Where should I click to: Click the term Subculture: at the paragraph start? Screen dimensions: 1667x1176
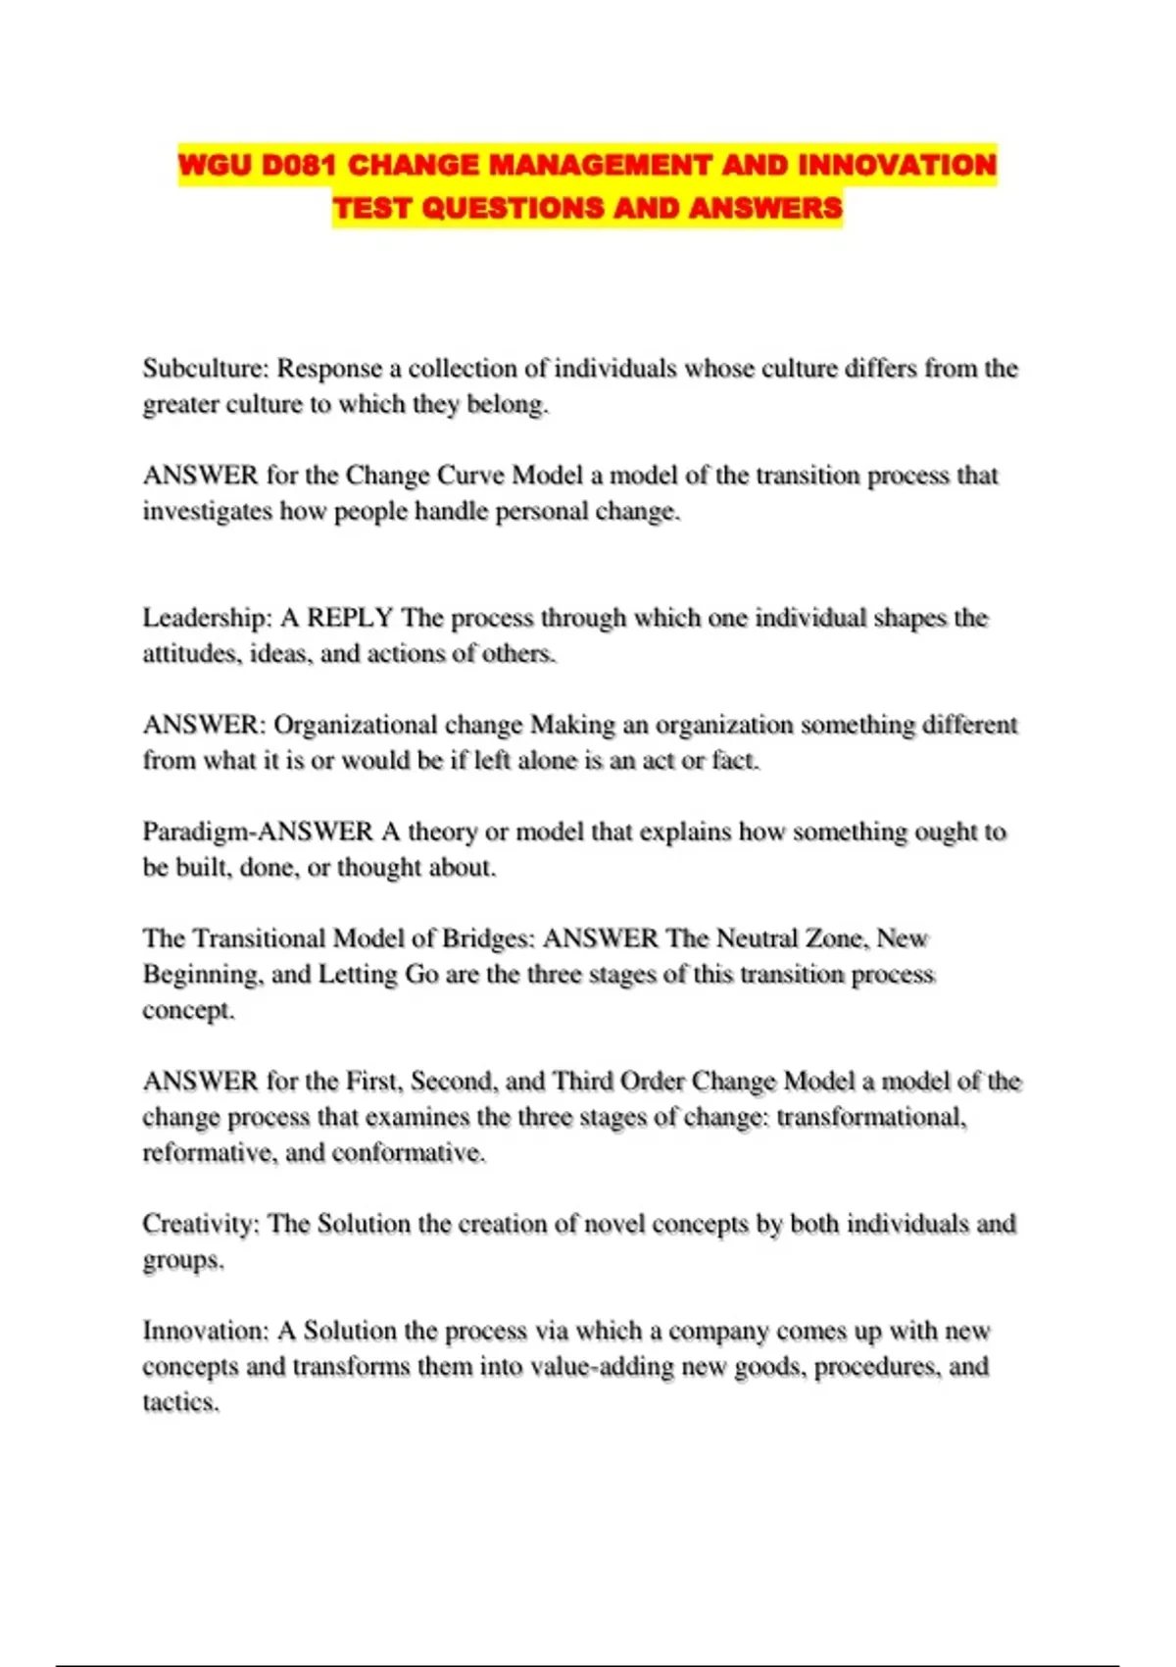coord(205,369)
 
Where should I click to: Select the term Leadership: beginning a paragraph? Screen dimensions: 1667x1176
coord(207,618)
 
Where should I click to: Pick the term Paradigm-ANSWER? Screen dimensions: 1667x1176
coord(258,832)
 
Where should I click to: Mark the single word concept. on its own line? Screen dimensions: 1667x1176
coord(188,1010)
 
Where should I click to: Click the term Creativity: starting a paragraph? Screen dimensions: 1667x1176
coord(201,1224)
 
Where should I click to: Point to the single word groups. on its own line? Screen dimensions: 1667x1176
coord(183,1260)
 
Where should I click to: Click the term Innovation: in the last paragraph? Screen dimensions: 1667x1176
coord(205,1331)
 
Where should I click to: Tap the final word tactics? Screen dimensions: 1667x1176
coord(180,1402)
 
